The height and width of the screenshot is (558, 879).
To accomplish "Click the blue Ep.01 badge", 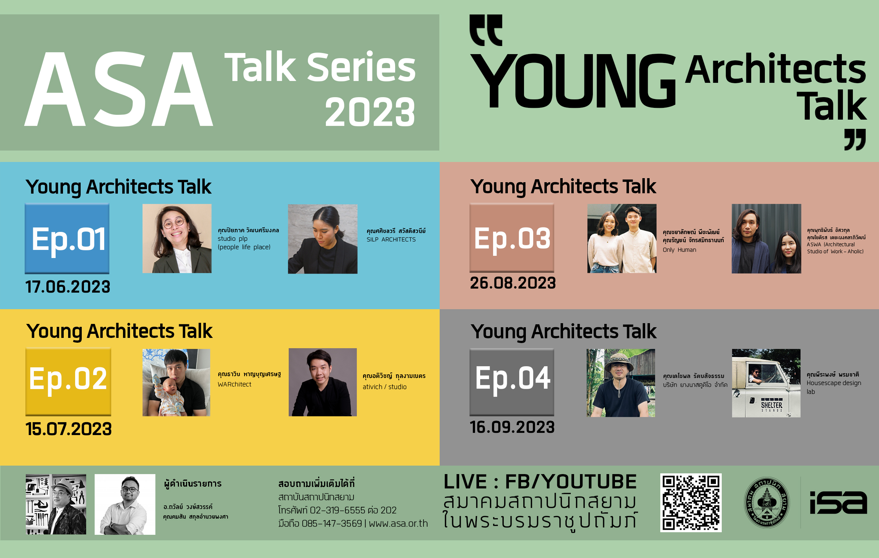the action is pyautogui.click(x=67, y=239).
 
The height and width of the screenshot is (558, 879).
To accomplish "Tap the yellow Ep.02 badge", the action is pyautogui.click(x=68, y=382).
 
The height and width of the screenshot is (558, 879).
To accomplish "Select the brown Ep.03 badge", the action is pyautogui.click(x=512, y=238).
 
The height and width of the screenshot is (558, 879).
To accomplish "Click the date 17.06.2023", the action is pyautogui.click(x=68, y=287).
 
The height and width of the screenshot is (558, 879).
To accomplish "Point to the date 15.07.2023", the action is pyautogui.click(x=68, y=429).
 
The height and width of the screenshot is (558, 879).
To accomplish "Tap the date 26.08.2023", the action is pyautogui.click(x=513, y=283).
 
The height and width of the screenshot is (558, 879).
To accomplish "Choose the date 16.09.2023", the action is pyautogui.click(x=512, y=427).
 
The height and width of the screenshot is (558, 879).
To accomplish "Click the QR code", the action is pyautogui.click(x=691, y=503).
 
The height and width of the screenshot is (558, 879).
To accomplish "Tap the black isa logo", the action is pyautogui.click(x=838, y=502).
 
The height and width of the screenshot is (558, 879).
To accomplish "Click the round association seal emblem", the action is pyautogui.click(x=767, y=502).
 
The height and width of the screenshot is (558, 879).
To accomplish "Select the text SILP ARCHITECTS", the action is pyautogui.click(x=391, y=240).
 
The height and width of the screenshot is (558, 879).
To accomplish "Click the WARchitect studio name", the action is pyautogui.click(x=235, y=384).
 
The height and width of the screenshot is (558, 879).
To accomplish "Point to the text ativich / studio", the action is pyautogui.click(x=385, y=387).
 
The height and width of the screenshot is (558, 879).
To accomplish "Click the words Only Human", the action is pyautogui.click(x=679, y=250).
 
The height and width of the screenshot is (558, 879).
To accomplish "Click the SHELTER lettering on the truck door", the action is pyautogui.click(x=771, y=405).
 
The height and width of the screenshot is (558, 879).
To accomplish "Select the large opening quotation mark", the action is pyautogui.click(x=486, y=30).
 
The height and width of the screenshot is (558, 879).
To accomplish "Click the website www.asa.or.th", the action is pyautogui.click(x=398, y=523).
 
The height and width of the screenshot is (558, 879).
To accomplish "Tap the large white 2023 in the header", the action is pyautogui.click(x=370, y=112).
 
